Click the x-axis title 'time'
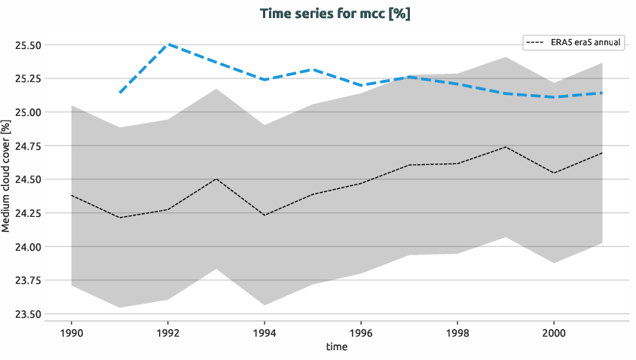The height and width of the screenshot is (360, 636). tap(336, 346)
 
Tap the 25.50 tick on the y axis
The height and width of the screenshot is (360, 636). tap(28, 45)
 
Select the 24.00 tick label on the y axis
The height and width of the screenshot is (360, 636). tap(28, 247)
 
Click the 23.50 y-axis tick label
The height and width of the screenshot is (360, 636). tap(28, 314)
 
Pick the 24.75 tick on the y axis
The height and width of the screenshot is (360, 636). tap(28, 146)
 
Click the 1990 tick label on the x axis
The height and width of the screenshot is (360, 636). tap(71, 331)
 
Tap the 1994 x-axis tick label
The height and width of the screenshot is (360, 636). tap(264, 331)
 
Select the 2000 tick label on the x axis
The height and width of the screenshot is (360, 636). tap(554, 331)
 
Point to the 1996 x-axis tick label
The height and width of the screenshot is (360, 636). tap(361, 331)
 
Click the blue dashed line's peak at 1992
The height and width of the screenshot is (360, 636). tap(168, 44)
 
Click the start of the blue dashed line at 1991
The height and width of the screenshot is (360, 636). tap(120, 93)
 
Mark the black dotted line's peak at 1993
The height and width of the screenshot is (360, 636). tap(216, 178)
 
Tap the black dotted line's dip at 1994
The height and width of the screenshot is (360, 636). tap(264, 215)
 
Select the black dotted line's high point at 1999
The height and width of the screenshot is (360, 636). tap(506, 147)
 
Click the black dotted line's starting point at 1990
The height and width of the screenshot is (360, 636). tap(72, 195)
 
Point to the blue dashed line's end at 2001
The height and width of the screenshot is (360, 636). tap(602, 93)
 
